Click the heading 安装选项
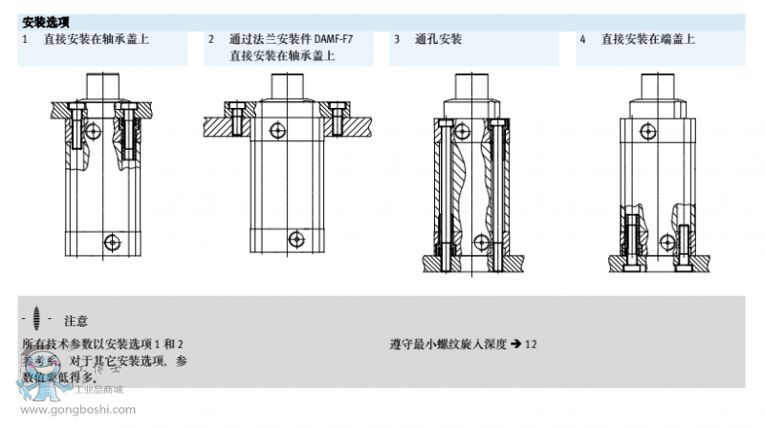[45, 21]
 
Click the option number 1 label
[25, 39]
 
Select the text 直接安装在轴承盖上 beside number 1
[96, 39]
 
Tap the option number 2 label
[211, 39]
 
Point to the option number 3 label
[397, 39]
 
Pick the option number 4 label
[582, 39]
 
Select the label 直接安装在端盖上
[647, 39]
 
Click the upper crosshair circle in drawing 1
[92, 128]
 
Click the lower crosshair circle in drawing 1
[113, 243]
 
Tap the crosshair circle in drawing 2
[277, 129]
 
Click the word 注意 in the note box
[76, 320]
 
